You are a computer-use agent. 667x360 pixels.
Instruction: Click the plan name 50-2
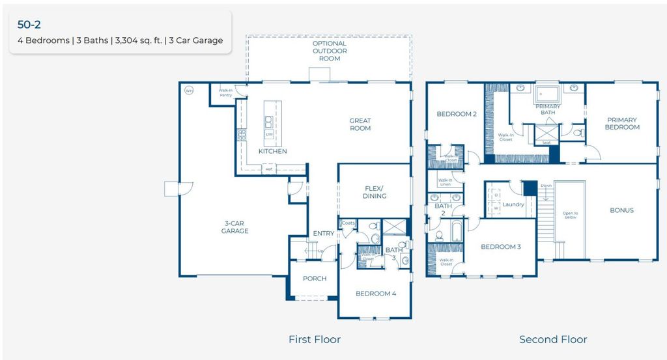(x=29, y=25)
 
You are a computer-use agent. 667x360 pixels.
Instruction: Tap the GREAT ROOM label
(x=360, y=124)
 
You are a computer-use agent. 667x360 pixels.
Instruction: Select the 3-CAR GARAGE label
(x=234, y=227)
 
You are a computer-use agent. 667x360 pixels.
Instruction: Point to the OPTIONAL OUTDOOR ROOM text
(x=329, y=51)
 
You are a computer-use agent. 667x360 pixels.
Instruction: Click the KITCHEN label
(x=272, y=151)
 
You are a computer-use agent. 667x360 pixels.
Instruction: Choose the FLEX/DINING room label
(x=374, y=192)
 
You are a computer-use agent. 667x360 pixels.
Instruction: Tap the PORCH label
(x=314, y=279)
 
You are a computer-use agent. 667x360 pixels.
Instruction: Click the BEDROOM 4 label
(x=375, y=294)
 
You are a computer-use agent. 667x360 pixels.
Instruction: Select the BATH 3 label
(x=393, y=254)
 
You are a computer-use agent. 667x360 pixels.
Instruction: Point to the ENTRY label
(x=323, y=234)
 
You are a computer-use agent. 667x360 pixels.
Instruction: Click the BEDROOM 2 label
(x=457, y=114)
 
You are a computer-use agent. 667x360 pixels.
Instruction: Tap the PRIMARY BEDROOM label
(x=621, y=124)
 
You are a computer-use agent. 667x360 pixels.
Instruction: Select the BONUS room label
(x=621, y=210)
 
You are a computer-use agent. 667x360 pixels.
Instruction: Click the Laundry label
(x=513, y=204)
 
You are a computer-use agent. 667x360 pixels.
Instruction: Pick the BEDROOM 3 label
(x=500, y=247)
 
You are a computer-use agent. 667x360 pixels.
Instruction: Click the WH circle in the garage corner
(x=189, y=90)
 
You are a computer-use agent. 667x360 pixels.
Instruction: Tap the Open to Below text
(x=570, y=216)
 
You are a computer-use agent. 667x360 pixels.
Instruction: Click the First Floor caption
(x=314, y=339)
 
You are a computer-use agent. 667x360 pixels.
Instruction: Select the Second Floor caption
(x=552, y=339)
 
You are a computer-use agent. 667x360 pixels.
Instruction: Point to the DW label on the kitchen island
(x=268, y=135)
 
